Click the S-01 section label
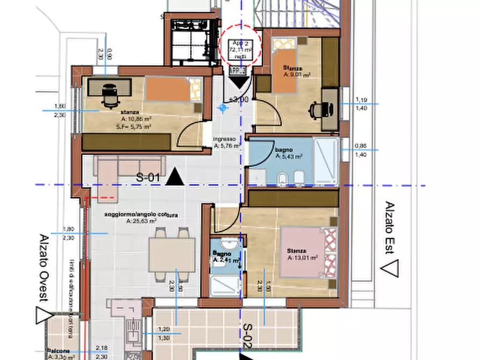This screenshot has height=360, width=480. point(149,177)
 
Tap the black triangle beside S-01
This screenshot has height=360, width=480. point(174,177)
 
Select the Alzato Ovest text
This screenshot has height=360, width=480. point(44,268)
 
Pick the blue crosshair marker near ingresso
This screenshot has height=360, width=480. point(223,108)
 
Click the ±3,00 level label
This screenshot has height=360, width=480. point(238,100)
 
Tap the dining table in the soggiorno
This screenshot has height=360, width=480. point(172,255)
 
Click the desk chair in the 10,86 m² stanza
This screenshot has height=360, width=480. point(109,96)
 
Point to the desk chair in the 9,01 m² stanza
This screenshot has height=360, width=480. point(316,110)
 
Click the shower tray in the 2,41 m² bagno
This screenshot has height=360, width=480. point(225,284)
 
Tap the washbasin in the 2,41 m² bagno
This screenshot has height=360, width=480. point(225,242)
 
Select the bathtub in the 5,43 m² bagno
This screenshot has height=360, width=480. point(326,161)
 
